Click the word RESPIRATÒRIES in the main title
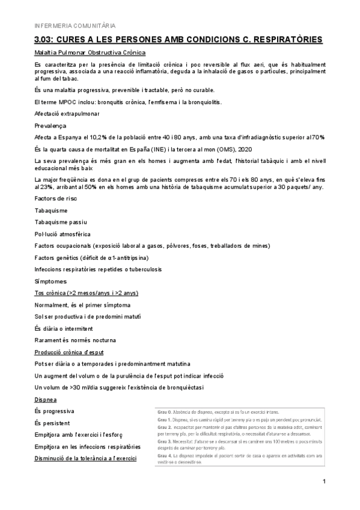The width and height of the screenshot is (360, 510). click(282, 40)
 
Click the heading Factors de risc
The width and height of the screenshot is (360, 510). click(56, 198)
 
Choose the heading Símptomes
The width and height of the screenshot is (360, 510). click(50, 281)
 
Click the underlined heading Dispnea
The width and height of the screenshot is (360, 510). click(46, 399)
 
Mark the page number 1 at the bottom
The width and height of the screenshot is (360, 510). click(323, 481)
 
